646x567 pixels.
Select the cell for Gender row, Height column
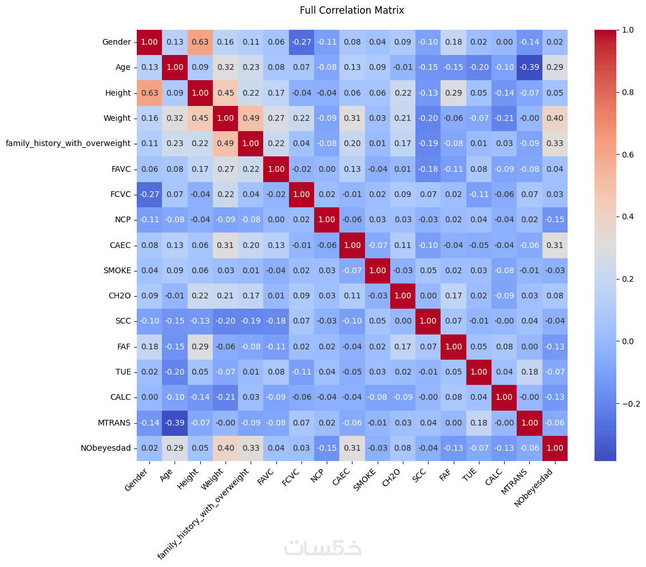coord(200,42)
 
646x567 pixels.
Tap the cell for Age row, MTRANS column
coord(529,67)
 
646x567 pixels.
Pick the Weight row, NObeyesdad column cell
coord(554,118)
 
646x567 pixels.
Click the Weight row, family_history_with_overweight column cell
coord(251,118)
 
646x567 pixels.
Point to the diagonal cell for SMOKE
coord(377,270)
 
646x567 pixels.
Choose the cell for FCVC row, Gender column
coord(149,194)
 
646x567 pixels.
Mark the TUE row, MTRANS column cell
coord(529,372)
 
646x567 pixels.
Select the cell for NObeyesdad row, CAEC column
coord(352,448)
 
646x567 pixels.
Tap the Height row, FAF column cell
coord(453,93)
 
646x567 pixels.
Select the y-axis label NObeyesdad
coord(109,448)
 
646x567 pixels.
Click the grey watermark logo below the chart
coord(323,548)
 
